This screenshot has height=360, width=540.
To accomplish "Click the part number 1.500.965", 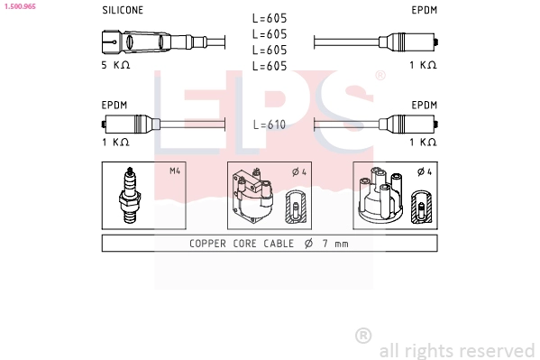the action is (x=21, y=6).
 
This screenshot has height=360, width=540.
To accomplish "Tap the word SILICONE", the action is (x=123, y=10).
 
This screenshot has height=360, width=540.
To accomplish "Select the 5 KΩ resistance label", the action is (x=115, y=65).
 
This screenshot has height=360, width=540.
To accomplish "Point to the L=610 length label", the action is (x=270, y=125).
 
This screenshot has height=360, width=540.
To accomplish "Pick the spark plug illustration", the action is (x=130, y=195).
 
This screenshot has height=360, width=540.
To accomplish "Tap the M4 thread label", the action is (x=175, y=171).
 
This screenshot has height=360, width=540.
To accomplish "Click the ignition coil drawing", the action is (x=253, y=196).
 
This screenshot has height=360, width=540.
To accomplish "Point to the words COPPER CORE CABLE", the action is (x=242, y=244).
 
